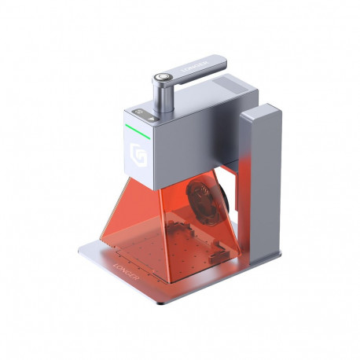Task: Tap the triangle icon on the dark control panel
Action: click(149, 115)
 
